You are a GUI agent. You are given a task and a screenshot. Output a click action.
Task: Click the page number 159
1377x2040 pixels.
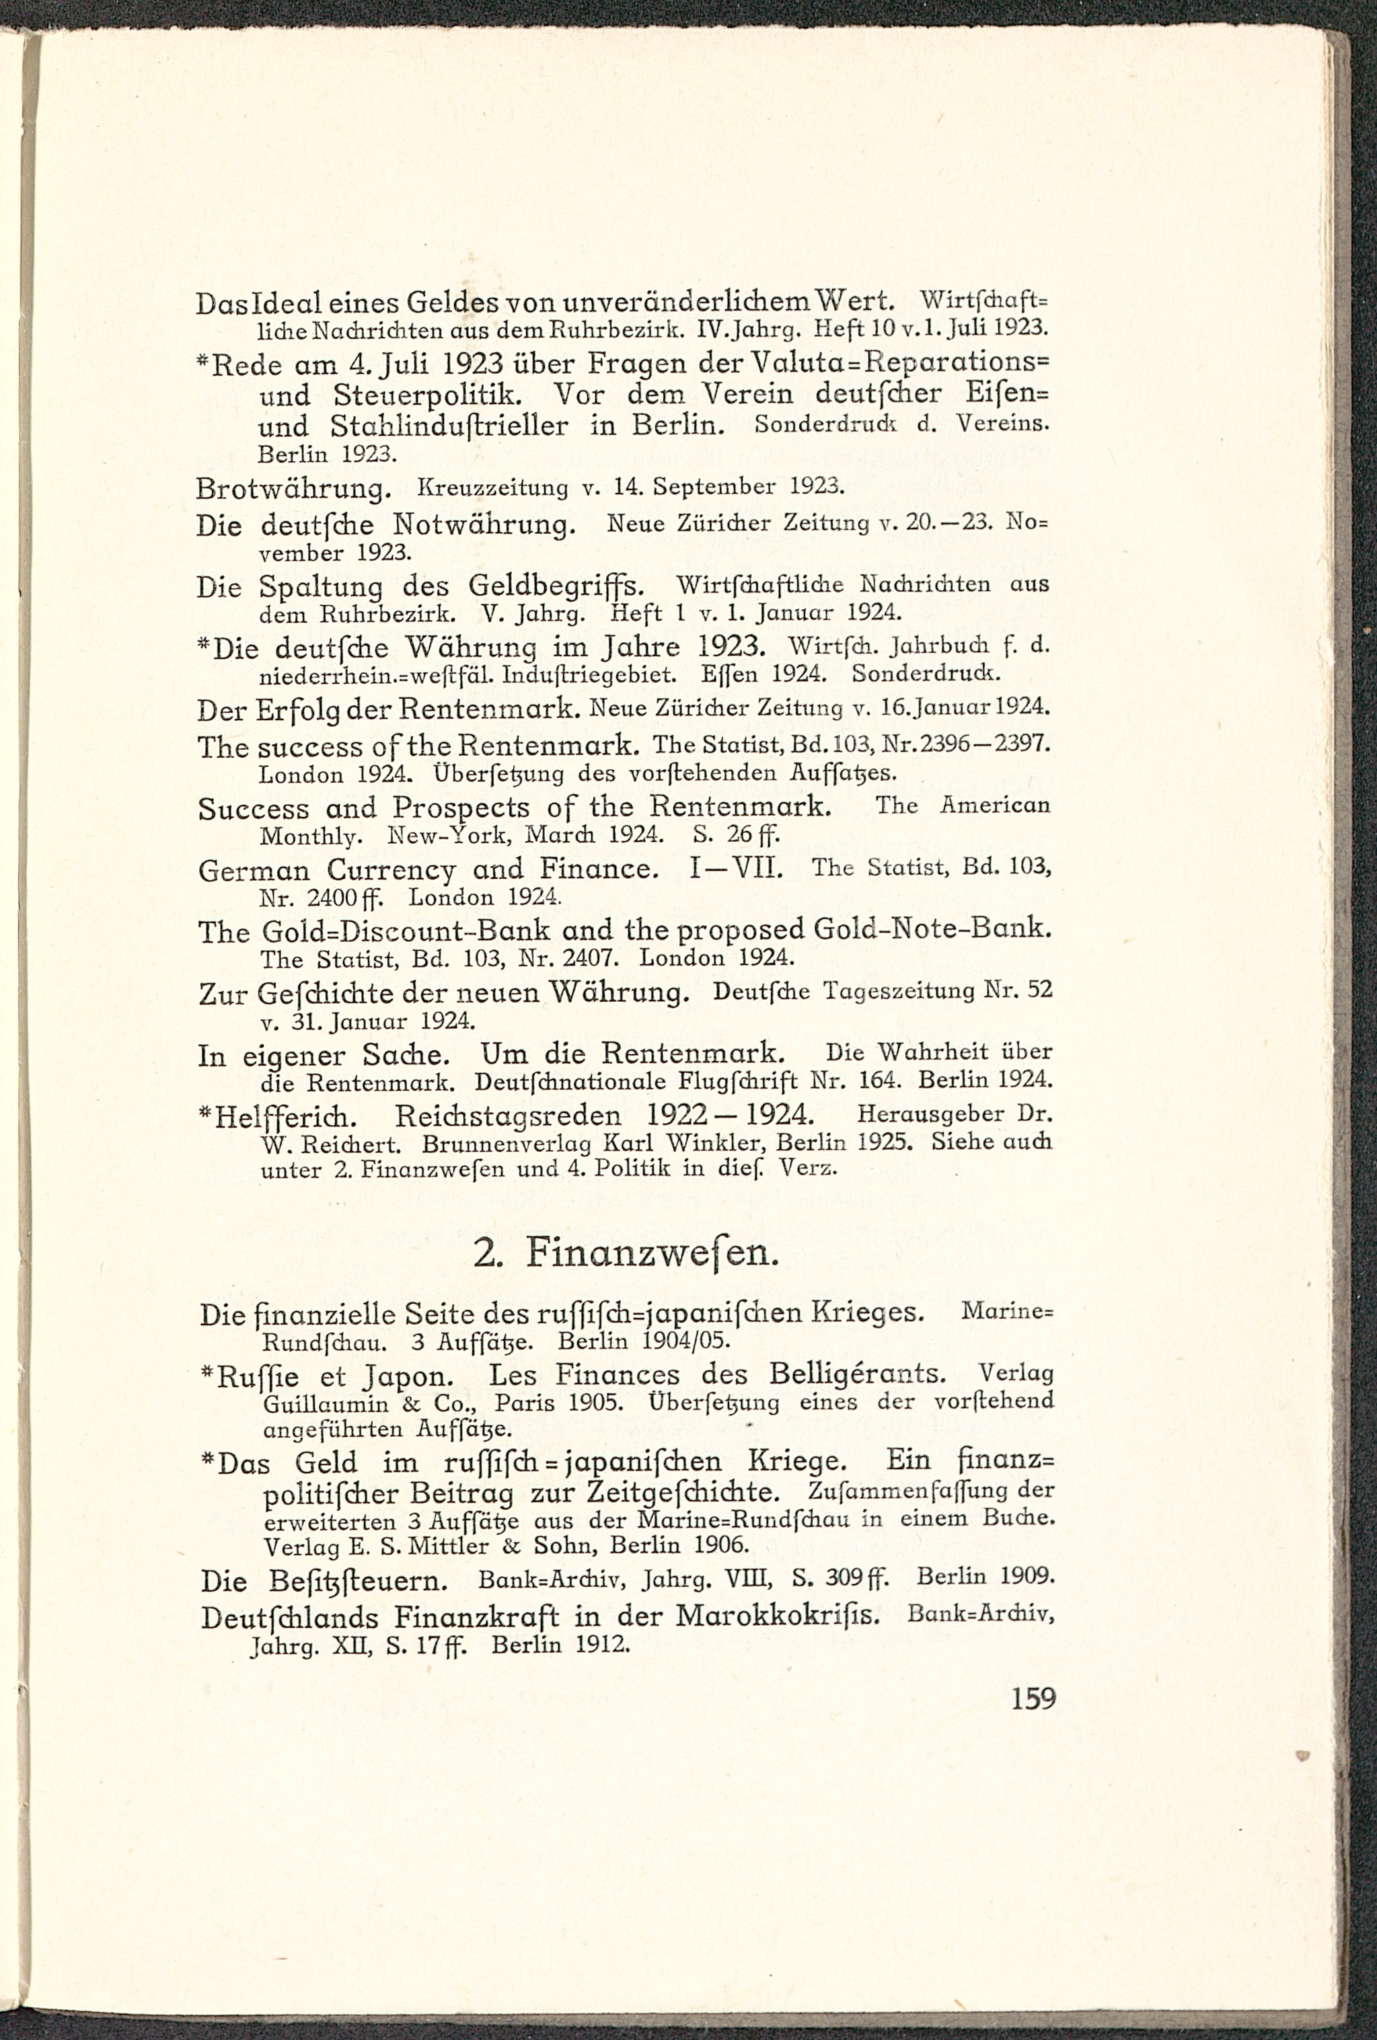tap(1033, 1698)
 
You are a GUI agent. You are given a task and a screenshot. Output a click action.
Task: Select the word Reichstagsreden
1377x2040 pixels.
tap(508, 1117)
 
